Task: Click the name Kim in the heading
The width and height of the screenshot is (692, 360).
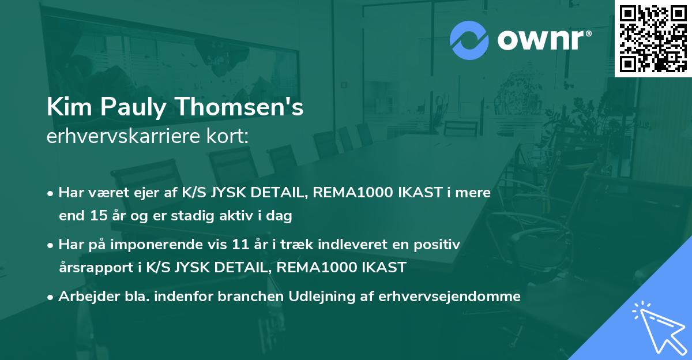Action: [65, 108]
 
